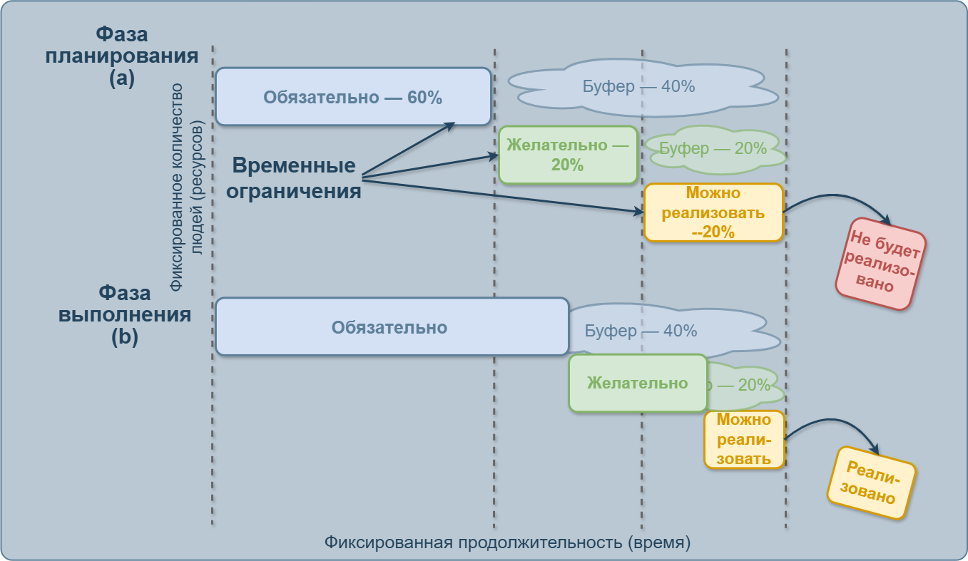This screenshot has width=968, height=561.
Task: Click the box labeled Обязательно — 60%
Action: coord(353,97)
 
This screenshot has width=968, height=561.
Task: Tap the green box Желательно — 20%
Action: coord(567,155)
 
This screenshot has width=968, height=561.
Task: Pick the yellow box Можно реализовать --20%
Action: coord(713,212)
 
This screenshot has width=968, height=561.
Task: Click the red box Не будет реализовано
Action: coord(880,264)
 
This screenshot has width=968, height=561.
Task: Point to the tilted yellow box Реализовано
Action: coord(870,483)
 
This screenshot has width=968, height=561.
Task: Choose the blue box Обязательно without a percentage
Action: coord(391,327)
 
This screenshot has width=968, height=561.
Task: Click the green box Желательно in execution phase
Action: coord(637,383)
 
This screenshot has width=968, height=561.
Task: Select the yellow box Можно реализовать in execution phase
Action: coord(744,439)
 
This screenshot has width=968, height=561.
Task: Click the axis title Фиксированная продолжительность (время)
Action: coord(507,542)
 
